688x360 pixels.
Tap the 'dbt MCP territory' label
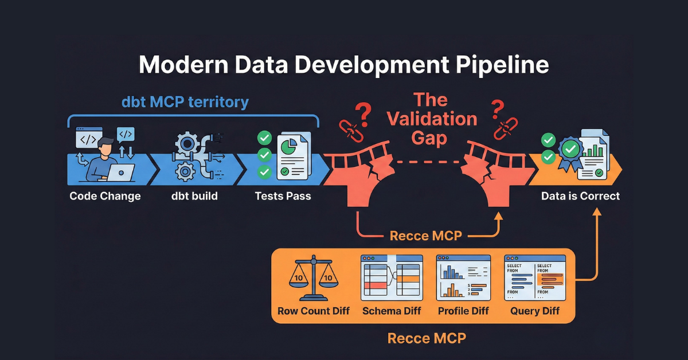tap(185, 102)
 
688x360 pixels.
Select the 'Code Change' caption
tap(105, 196)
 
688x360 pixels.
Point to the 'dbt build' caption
tap(194, 196)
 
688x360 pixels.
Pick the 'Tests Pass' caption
tap(283, 196)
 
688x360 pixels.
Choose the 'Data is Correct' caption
tap(580, 196)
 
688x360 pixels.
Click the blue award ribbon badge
tap(570, 152)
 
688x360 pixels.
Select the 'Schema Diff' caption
tap(392, 311)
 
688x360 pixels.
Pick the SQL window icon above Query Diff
tap(534, 278)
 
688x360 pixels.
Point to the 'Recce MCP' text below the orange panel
tap(427, 338)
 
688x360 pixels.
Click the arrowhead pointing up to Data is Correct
tap(597, 212)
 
